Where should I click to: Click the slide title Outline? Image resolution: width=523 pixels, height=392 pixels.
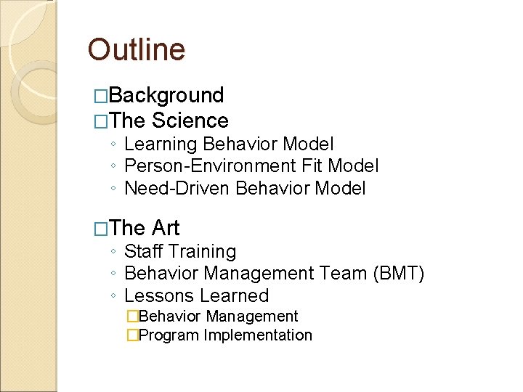[x=137, y=50]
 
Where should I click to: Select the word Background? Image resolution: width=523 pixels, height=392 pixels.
[x=168, y=95]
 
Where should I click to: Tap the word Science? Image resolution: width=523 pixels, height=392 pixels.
[x=190, y=121]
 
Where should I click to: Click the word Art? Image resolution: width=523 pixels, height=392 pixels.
[x=166, y=228]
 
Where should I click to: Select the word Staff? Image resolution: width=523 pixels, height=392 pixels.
[x=142, y=252]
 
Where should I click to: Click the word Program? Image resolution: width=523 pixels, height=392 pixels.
[x=169, y=335]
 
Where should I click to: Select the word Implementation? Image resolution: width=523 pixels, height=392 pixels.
[x=258, y=335]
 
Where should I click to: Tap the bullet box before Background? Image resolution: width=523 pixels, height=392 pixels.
[x=101, y=96]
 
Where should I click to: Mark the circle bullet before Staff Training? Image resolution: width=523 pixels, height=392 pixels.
[x=114, y=253]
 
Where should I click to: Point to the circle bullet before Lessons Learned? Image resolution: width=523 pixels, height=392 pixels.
[x=114, y=297]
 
